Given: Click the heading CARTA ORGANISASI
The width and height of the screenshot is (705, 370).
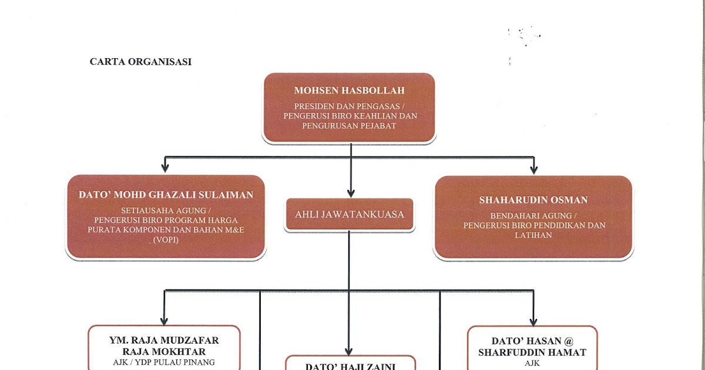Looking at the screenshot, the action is point(141,62).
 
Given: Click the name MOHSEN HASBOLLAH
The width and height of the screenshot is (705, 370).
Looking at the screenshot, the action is point(350,90).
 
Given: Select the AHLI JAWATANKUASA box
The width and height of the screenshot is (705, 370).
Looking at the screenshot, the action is point(350,214).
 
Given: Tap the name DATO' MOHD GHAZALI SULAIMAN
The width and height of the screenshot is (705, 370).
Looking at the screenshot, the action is point(166,195).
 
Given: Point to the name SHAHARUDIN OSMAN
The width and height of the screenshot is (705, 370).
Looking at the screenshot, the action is point(533,200).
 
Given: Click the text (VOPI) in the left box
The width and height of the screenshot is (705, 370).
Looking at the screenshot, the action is point(166,240).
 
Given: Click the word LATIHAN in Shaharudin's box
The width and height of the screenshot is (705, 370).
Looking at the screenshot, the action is point(533,235).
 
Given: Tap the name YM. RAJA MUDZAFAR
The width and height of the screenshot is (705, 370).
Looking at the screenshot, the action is point(164,340).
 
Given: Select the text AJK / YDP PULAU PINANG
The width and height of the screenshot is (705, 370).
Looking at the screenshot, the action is point(164,362).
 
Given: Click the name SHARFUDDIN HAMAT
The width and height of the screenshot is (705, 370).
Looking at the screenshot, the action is point(532,352).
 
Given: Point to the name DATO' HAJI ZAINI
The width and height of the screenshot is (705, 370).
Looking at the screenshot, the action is point(350,366).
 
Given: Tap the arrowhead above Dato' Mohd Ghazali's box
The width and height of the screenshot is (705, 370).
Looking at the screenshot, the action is point(166,169).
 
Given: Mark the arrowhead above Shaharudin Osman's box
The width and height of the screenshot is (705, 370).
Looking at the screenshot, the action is point(533,169).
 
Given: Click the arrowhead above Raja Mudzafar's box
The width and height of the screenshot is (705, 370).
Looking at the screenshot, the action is point(164,320).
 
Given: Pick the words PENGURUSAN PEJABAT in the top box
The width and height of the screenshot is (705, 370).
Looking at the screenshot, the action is point(350,125).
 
